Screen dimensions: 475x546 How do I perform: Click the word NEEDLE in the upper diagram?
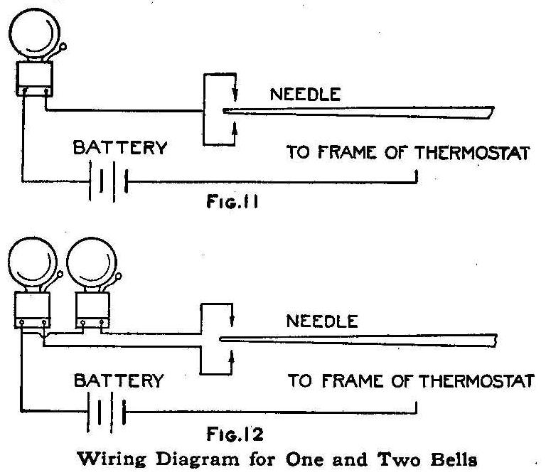tap(297, 93)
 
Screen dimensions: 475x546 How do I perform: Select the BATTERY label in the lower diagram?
tap(119, 380)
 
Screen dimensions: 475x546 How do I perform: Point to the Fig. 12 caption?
tap(230, 433)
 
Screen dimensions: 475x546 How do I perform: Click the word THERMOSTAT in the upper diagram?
tap(476, 152)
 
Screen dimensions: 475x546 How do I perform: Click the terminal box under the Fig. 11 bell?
tap(33, 80)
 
